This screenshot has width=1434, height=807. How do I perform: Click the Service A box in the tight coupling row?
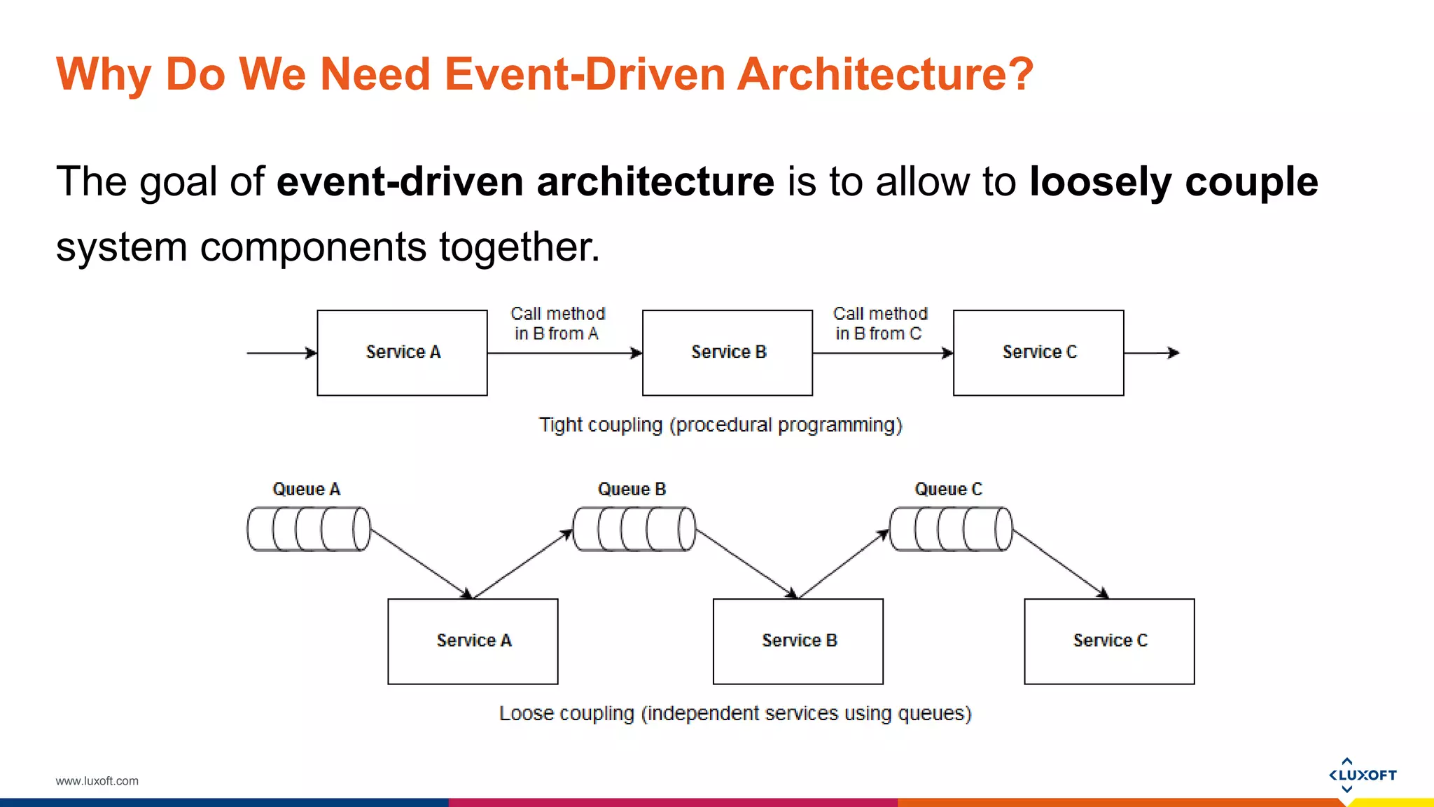pos(402,352)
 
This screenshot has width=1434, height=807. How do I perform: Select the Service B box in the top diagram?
pos(728,352)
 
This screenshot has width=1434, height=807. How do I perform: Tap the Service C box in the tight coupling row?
pos(1038,352)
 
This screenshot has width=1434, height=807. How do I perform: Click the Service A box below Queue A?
pos(473,641)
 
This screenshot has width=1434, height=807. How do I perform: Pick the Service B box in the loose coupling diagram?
pos(798,641)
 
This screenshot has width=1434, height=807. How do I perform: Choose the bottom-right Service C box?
pos(1109,641)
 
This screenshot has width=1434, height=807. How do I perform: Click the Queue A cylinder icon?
pos(309,529)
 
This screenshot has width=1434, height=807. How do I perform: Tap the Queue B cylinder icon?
pos(634,529)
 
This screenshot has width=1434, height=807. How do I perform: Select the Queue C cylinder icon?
pos(951,529)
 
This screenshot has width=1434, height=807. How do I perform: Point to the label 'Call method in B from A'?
pos(557,323)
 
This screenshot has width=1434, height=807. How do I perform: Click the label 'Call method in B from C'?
pos(879,323)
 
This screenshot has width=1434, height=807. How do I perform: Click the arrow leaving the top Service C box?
pos(1151,353)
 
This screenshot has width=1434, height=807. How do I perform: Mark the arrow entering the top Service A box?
pos(281,353)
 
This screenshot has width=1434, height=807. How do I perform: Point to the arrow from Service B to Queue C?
pos(844,564)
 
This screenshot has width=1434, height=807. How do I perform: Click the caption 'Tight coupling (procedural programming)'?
pos(721,425)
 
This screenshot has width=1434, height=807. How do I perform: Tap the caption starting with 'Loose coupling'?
pos(735,713)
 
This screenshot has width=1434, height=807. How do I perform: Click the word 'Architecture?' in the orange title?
pos(885,74)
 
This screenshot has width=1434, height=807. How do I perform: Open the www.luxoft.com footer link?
pos(97,780)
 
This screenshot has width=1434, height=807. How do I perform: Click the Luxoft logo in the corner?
pos(1362,775)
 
